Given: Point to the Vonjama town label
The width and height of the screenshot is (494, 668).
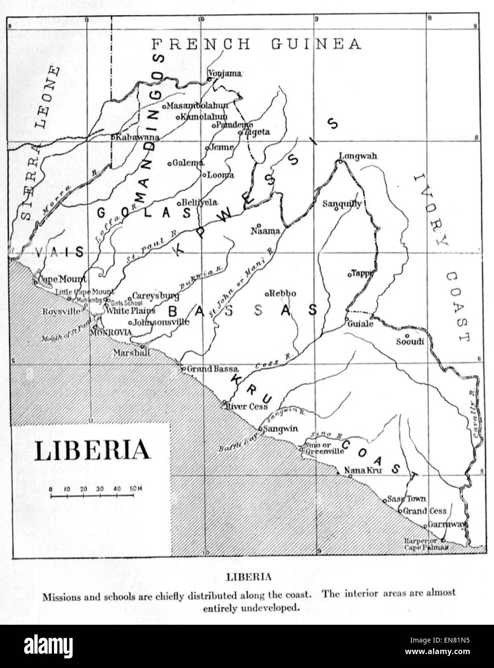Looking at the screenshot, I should pyautogui.click(x=224, y=74).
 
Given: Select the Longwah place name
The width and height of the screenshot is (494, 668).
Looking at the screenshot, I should pyautogui.click(x=358, y=156).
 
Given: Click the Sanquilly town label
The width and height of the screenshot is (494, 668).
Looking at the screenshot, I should pyautogui.click(x=342, y=204).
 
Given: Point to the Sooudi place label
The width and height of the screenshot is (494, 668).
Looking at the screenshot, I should pyautogui.click(x=410, y=342).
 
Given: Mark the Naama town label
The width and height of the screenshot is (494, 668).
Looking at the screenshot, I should pyautogui.click(x=266, y=231).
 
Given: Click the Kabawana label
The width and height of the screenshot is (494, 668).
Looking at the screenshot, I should pyautogui.click(x=137, y=137).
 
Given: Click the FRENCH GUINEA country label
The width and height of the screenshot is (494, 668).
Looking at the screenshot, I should pyautogui.click(x=256, y=44).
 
